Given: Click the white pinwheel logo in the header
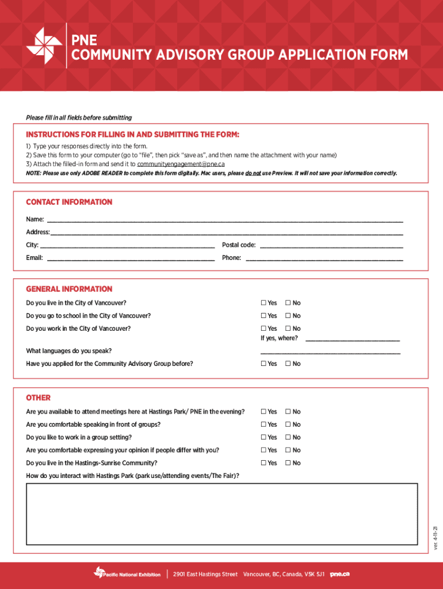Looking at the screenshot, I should [44, 45].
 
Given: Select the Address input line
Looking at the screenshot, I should [226, 232].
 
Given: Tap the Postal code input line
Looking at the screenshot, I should [331, 244].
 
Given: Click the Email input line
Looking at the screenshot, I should [131, 257].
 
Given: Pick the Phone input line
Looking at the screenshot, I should [324, 257].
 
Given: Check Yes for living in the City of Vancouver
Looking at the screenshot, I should [263, 303].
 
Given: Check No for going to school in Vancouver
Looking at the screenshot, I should [288, 316].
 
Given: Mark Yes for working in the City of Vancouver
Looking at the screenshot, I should [263, 328].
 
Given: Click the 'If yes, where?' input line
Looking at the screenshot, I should [352, 338].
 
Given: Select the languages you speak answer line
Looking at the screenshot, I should [330, 350].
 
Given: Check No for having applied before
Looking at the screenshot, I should [288, 364].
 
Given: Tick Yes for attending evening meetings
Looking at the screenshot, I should [263, 412].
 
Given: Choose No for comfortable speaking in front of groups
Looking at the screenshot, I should [288, 424].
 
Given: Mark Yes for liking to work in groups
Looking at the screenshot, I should [263, 437].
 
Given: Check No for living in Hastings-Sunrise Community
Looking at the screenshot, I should [288, 463].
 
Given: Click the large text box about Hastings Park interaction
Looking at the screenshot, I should [222, 514].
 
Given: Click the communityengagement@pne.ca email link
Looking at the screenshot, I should [181, 164].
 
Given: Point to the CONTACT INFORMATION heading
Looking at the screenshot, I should [69, 202].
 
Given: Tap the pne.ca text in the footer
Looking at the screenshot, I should [339, 574].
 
